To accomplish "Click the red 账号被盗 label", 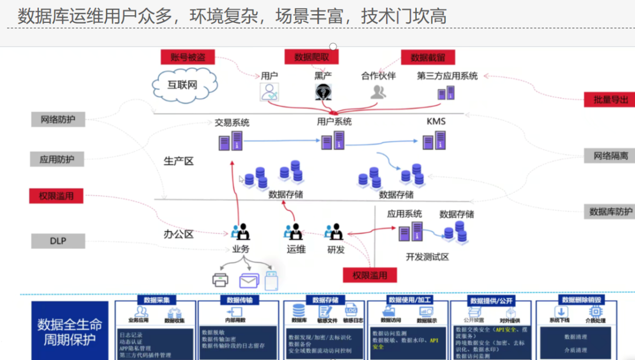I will click(x=188, y=57).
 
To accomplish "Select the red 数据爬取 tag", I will click(x=312, y=57).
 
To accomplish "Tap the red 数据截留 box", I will click(x=428, y=57).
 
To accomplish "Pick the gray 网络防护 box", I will click(x=58, y=120).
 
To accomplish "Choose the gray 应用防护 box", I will click(x=57, y=159).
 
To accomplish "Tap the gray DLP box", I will click(x=58, y=241).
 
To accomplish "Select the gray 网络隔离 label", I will click(x=610, y=156).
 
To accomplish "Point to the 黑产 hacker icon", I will click(x=322, y=92).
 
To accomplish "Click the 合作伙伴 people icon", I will click(x=379, y=92).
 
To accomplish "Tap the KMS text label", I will click(x=436, y=122).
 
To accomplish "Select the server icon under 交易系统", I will click(x=230, y=142).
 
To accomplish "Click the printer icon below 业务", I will click(x=220, y=281).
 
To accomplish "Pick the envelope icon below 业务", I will click(x=249, y=281).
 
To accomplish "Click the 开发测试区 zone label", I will click(x=427, y=257).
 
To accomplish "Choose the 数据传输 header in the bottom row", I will click(x=239, y=300).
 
